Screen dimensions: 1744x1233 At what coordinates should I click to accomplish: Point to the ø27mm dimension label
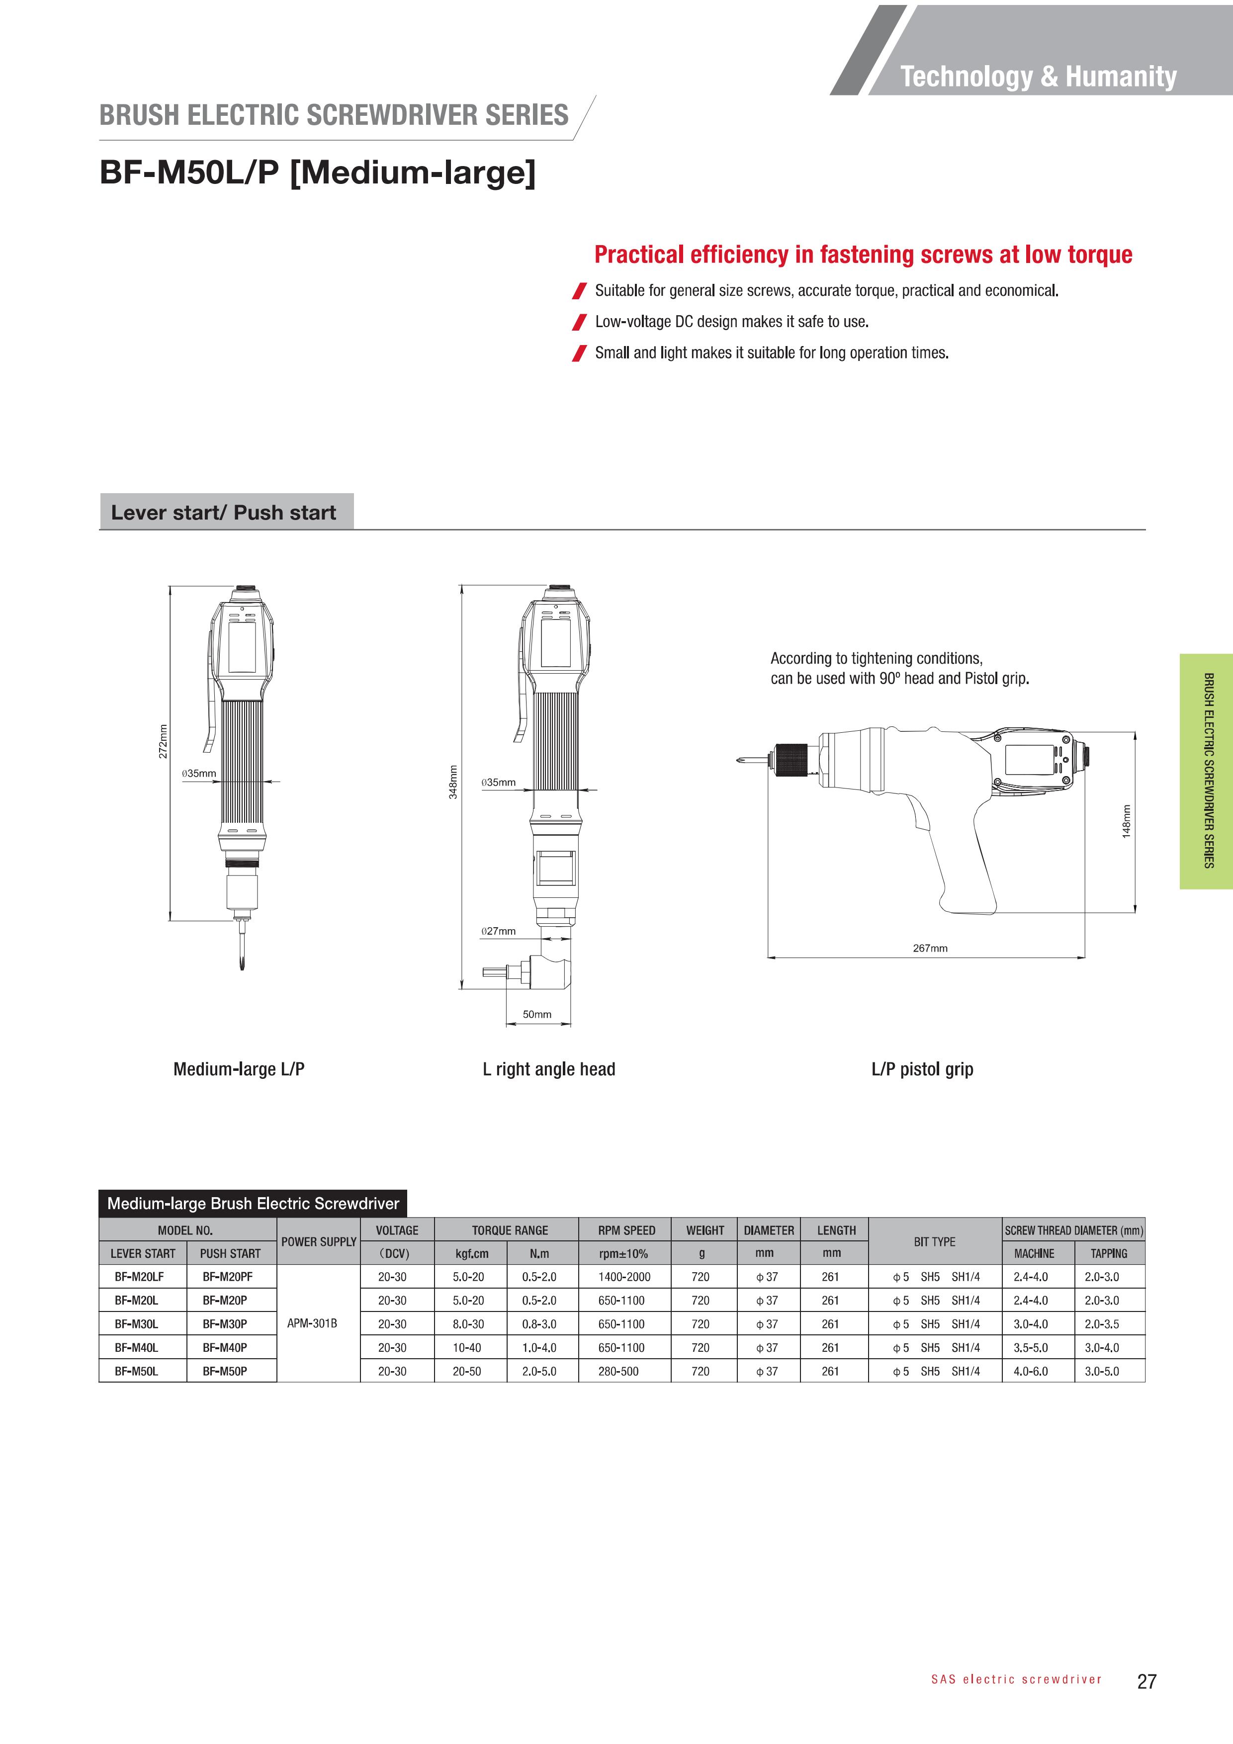tap(498, 931)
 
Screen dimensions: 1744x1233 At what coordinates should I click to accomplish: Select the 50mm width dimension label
tap(537, 1014)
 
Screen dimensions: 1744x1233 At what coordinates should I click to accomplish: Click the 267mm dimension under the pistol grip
tap(930, 948)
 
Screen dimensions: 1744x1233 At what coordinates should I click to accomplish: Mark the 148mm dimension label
tap(1127, 821)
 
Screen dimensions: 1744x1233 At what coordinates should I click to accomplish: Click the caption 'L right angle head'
tap(548, 1069)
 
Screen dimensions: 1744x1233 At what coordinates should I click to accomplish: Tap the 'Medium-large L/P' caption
tap(239, 1069)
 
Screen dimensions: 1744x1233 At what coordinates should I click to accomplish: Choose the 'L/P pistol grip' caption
tap(922, 1069)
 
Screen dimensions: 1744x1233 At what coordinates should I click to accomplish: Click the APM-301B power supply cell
tap(312, 1323)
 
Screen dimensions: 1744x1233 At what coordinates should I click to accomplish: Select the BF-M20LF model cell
tap(139, 1277)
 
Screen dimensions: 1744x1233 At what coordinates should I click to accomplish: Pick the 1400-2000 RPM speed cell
tap(624, 1277)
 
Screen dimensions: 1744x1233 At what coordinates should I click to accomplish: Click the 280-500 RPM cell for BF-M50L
tap(618, 1371)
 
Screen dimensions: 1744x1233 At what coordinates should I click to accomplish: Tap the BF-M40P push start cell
tap(225, 1347)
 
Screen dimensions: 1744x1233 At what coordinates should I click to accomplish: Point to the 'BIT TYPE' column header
tap(934, 1241)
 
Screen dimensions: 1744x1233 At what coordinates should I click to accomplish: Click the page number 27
tap(1146, 1682)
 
